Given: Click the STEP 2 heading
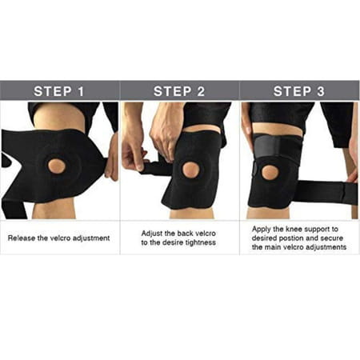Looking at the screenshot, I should coord(179,90).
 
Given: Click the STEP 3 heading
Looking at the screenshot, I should coord(299,90).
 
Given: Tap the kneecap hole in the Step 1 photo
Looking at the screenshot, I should coord(56,166).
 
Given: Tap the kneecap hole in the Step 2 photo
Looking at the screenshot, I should coord(190,170).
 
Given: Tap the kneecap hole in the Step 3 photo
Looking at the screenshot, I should coord(270,172).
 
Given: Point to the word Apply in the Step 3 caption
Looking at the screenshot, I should coord(260,228).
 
